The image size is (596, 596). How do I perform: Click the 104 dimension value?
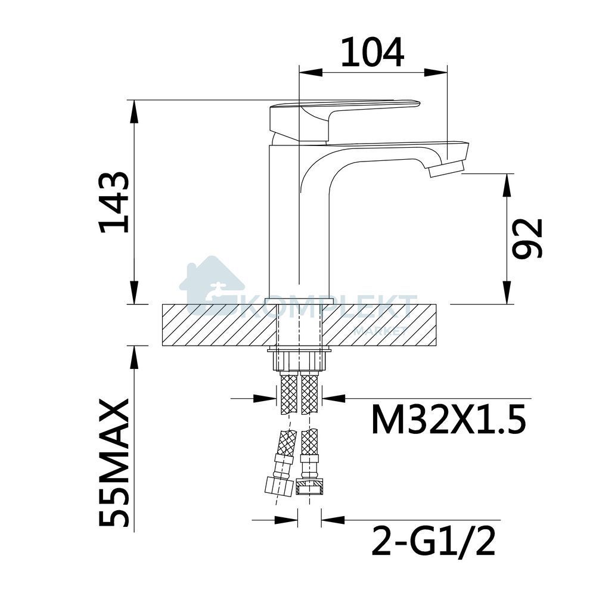click(x=372, y=52)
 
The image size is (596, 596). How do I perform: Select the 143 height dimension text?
click(x=114, y=202)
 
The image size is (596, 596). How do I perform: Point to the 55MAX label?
click(x=114, y=462)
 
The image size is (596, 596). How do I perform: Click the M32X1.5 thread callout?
click(x=449, y=419)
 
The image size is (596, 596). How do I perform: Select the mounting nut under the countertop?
click(x=300, y=360)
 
